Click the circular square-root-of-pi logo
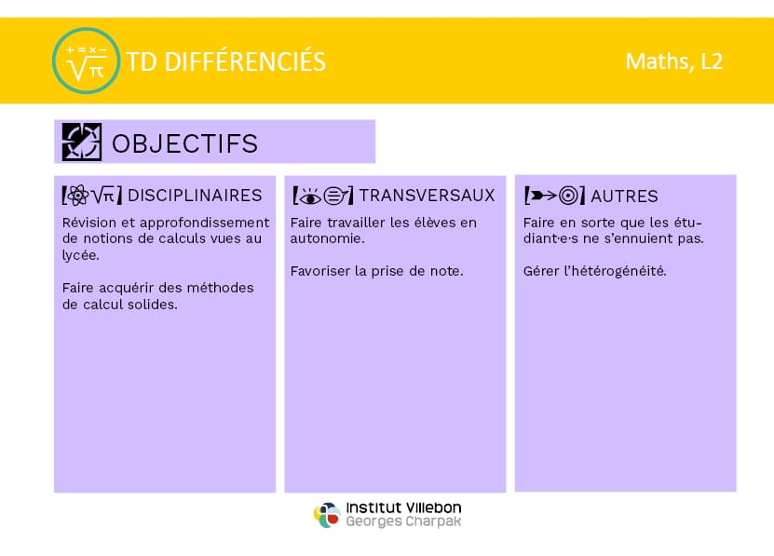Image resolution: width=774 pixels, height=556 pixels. click(x=86, y=61)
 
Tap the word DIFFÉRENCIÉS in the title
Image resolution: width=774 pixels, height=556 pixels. click(x=245, y=62)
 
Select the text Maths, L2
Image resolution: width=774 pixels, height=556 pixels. click(x=674, y=61)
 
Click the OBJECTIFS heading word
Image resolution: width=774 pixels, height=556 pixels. click(x=185, y=143)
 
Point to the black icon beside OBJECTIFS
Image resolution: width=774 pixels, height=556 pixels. click(x=82, y=142)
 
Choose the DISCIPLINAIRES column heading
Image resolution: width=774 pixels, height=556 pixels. click(x=195, y=196)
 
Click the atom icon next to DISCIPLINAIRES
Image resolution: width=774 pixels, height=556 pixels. click(x=77, y=196)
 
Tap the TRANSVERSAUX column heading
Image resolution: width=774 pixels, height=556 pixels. click(x=427, y=196)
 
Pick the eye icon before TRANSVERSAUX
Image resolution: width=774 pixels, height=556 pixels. click(x=310, y=197)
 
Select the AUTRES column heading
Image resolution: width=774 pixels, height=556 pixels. click(x=624, y=197)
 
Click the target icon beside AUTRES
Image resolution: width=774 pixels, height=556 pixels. click(x=568, y=196)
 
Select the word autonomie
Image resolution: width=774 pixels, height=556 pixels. click(x=327, y=239)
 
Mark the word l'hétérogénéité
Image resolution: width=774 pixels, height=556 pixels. click(x=616, y=271)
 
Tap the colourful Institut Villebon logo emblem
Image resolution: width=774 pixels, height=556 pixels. click(x=327, y=515)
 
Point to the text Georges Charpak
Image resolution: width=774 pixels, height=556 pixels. click(x=404, y=522)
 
